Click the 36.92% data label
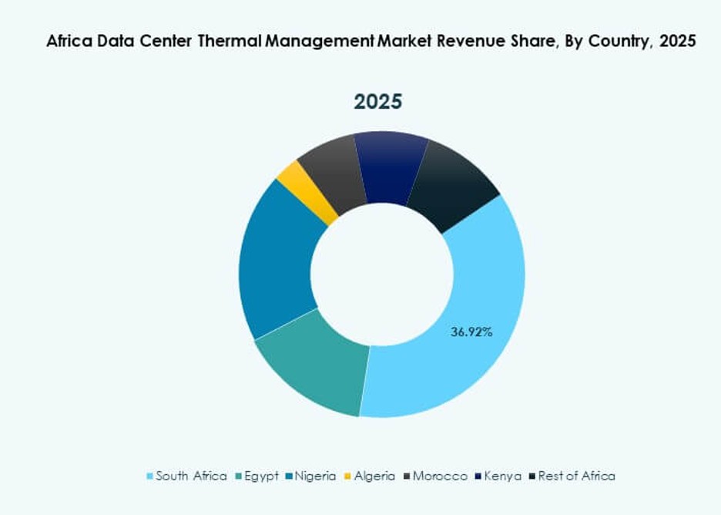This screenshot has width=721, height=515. [x=471, y=332]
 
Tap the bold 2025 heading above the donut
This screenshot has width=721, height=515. [x=377, y=102]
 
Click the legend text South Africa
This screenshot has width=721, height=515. [x=191, y=476]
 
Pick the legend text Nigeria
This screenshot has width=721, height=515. [x=314, y=476]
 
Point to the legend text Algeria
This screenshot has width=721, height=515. [x=374, y=476]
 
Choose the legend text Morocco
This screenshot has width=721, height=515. [x=439, y=476]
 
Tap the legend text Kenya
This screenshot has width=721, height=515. [x=504, y=476]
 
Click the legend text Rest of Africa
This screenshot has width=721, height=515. [x=576, y=476]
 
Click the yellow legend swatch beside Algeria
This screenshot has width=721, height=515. [x=347, y=476]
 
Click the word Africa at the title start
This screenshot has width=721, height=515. [x=68, y=42]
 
